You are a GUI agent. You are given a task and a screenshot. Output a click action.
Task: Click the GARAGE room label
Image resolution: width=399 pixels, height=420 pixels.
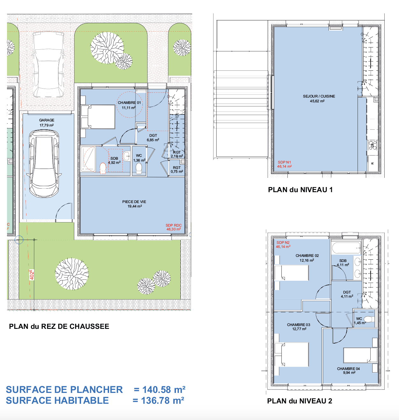tap(47, 120)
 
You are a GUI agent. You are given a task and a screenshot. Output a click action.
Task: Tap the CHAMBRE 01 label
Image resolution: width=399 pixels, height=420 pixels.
tap(129, 103)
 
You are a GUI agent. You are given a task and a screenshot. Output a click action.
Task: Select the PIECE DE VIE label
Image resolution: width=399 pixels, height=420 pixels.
tap(134, 202)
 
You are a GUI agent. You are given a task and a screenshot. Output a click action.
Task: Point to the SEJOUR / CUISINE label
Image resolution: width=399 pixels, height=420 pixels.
tap(319, 96)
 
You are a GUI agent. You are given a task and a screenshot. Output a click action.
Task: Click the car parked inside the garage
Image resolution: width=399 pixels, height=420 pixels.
tap(44, 163)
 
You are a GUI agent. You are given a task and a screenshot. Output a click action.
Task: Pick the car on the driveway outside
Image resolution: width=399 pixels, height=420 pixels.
tap(48, 65)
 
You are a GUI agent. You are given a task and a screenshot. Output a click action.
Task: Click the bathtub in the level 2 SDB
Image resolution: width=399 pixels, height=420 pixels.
tap(346, 248)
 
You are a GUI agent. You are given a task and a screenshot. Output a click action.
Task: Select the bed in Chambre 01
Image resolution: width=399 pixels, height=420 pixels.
tap(98, 117)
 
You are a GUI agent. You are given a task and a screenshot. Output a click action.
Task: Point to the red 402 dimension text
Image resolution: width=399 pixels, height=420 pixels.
tap(32, 275)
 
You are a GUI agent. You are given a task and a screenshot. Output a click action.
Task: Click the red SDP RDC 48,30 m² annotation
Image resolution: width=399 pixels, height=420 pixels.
tap(174, 227)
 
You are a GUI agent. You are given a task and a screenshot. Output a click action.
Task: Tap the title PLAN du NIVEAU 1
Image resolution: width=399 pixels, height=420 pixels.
tap(300, 190)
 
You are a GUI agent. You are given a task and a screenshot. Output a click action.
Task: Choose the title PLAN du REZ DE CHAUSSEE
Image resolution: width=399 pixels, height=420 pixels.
tap(59, 326)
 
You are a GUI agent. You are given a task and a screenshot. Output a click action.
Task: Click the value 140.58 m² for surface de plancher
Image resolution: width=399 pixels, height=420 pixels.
tap(164, 390)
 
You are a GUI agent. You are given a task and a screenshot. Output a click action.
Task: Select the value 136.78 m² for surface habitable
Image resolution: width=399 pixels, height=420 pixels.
tap(163, 401)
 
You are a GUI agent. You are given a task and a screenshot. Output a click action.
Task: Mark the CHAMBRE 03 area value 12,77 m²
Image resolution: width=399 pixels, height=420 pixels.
tap(299, 329)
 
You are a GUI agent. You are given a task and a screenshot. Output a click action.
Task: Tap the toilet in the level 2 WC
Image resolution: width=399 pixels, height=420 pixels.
tap(369, 319)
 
